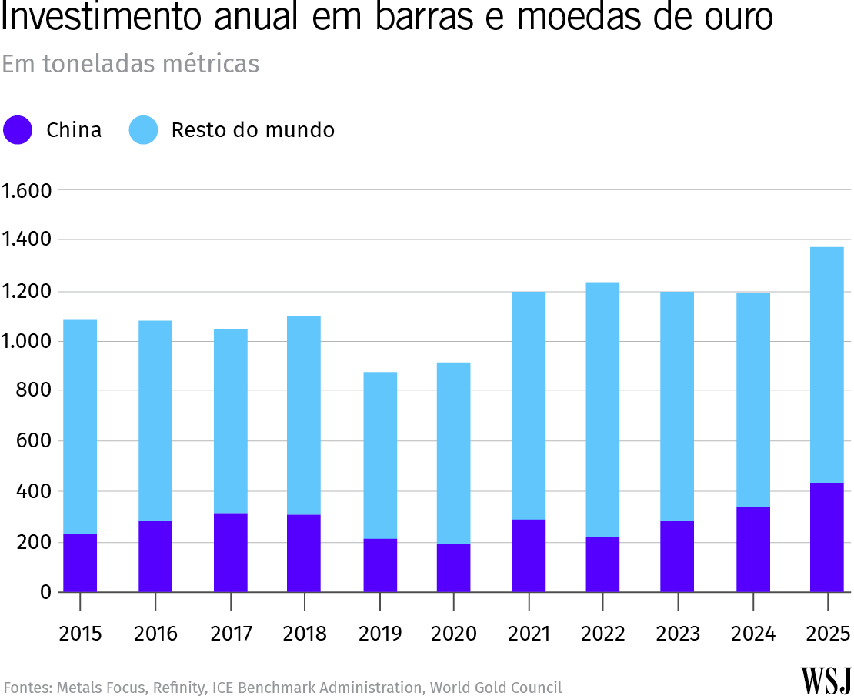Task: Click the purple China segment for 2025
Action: tap(826, 537)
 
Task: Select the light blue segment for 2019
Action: tap(380, 455)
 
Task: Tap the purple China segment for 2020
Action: tap(453, 567)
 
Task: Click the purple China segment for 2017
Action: tap(231, 552)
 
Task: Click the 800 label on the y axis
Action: tap(35, 391)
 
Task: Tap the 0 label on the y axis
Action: tap(45, 592)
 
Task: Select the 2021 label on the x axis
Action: tap(529, 634)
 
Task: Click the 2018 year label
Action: tap(305, 634)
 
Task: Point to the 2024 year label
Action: tap(752, 634)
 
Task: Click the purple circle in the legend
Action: tap(18, 130)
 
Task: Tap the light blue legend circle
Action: tap(143, 130)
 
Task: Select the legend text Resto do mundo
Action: tap(252, 130)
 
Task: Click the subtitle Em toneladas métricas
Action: tap(130, 65)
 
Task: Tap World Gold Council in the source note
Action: tap(495, 687)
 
